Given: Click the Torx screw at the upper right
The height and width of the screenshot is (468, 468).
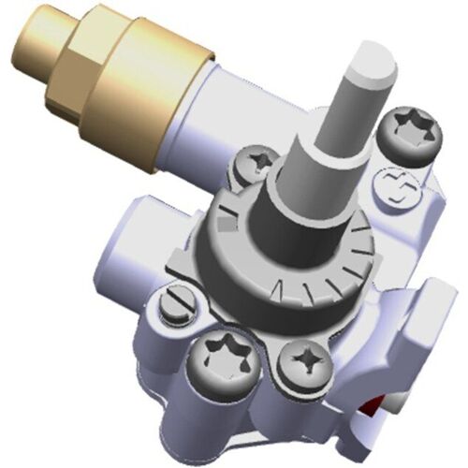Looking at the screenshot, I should pos(405,132).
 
